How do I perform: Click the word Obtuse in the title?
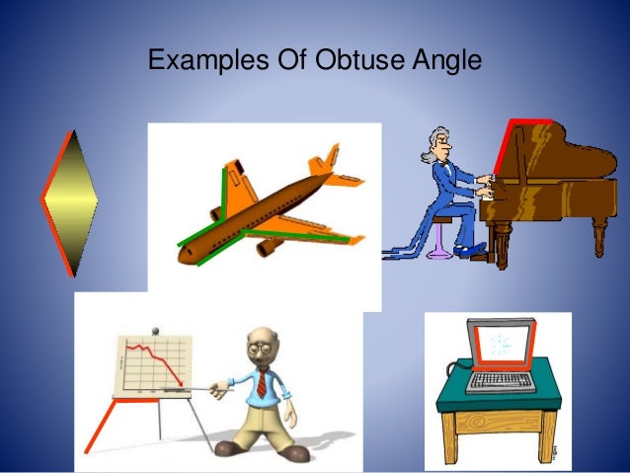(x=363, y=60)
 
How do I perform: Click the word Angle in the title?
(x=446, y=61)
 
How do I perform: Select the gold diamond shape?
(x=70, y=202)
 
